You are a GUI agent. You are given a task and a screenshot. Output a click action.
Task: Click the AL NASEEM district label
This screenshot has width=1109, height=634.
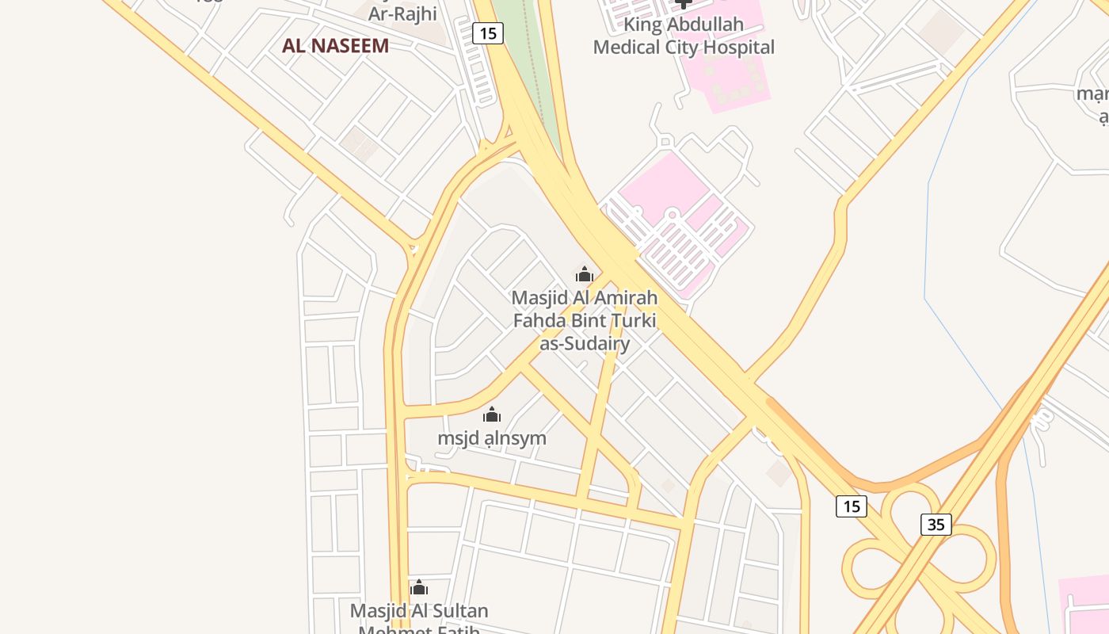click(335, 45)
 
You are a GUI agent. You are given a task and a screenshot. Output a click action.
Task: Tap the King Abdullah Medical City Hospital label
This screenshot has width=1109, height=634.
click(684, 36)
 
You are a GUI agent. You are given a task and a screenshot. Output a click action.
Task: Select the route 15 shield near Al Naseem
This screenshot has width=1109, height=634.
click(487, 33)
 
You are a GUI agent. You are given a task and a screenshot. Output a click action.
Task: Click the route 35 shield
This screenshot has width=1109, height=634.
click(936, 524)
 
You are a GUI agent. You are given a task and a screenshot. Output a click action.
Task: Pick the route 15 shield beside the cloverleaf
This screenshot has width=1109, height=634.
click(851, 506)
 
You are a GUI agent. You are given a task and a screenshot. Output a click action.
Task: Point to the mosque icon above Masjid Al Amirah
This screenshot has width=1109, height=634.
click(585, 274)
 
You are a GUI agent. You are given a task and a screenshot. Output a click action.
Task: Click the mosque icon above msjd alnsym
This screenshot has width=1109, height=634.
click(492, 414)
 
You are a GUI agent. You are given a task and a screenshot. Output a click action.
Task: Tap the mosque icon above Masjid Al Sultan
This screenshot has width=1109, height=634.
click(419, 587)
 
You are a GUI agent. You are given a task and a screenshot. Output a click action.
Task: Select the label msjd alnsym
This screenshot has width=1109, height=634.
click(492, 438)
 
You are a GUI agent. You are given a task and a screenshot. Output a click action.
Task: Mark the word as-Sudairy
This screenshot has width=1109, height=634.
click(585, 343)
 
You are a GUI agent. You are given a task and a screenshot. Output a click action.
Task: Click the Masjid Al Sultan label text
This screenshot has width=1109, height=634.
click(419, 612)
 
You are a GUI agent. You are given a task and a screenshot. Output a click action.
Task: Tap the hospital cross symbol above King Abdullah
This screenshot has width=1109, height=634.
click(684, 3)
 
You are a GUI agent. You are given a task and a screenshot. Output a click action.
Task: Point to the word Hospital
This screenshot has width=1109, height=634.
click(734, 48)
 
